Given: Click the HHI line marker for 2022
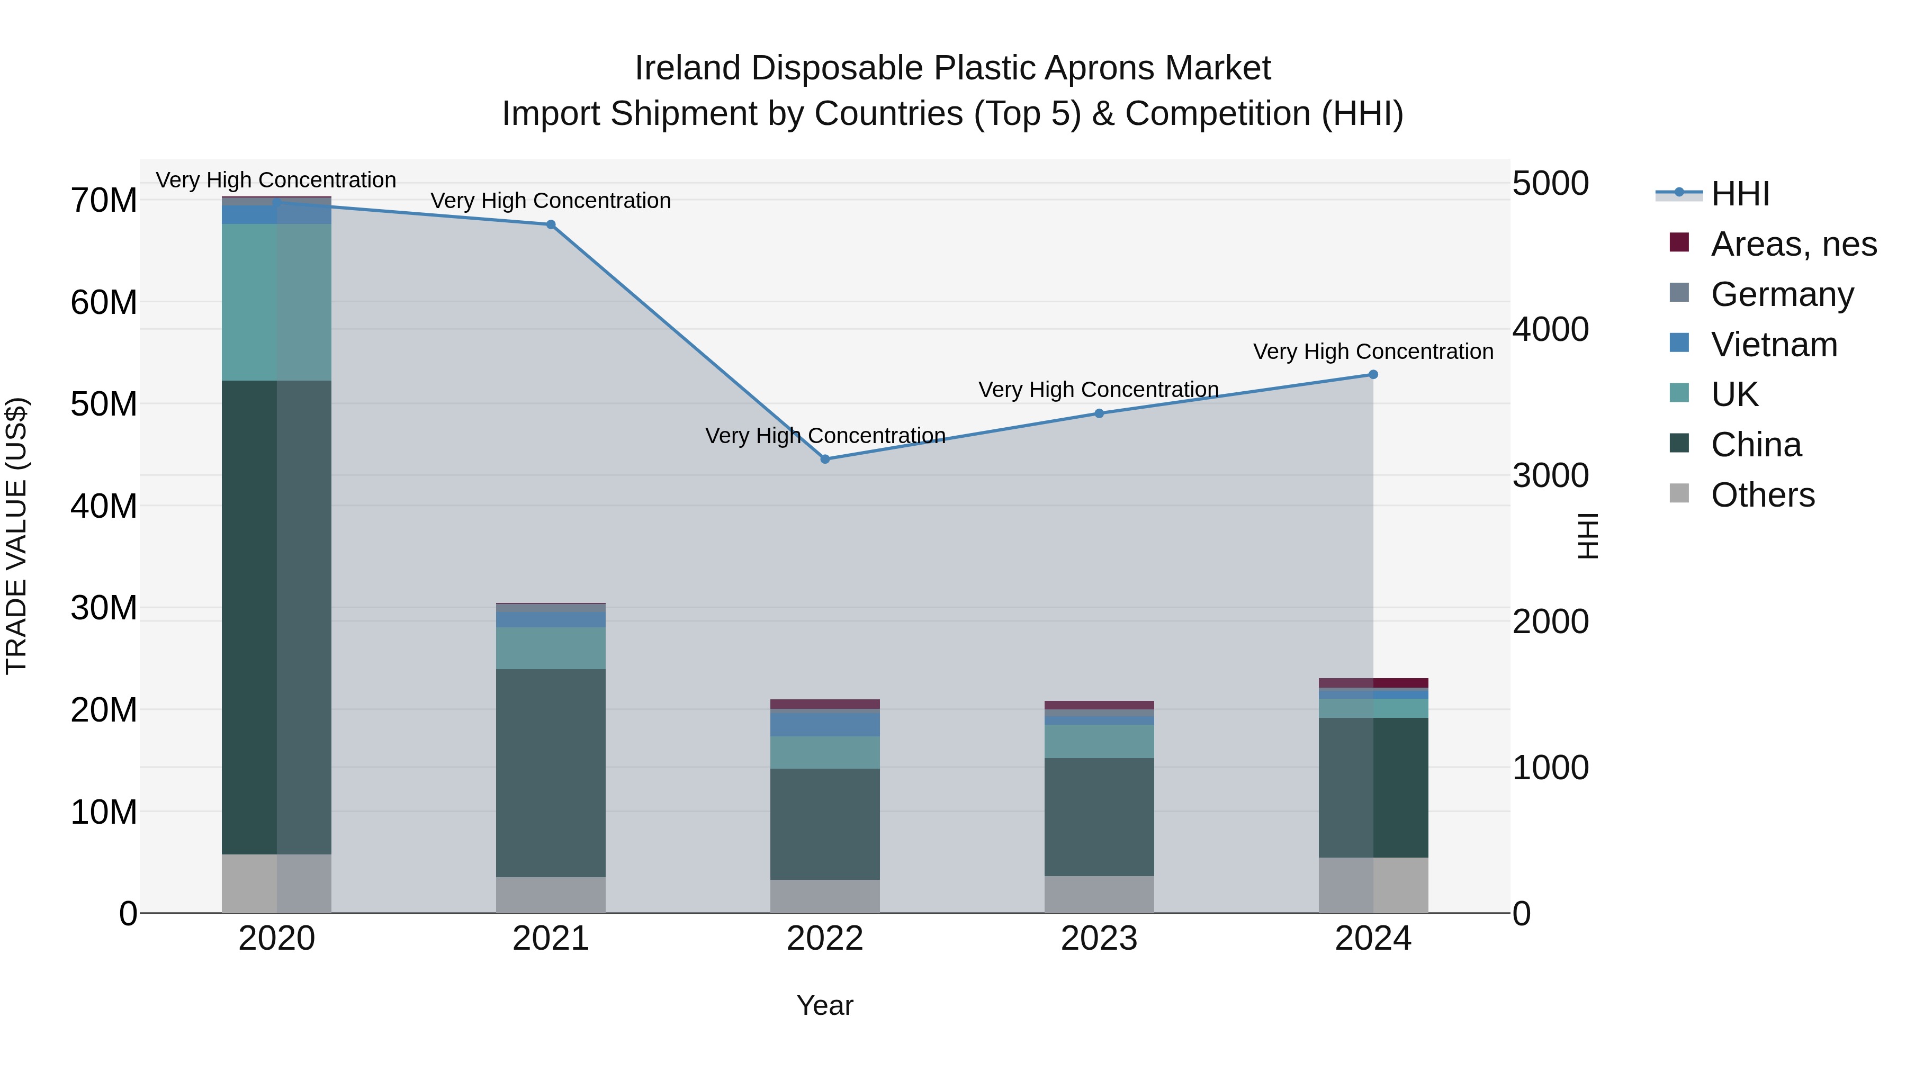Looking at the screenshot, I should pos(825,458).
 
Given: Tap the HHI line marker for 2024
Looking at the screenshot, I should pos(1373,374).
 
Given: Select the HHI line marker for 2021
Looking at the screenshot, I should pos(551,224).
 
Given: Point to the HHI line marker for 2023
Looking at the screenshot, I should pos(1099,413).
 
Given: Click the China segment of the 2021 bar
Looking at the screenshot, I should pos(551,773).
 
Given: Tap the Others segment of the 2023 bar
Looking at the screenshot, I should pos(1099,895).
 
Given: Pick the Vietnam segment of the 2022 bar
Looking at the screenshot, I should pos(825,724).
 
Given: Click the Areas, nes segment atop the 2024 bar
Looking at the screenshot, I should pos(1373,683).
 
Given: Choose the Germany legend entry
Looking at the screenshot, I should pos(1782,294).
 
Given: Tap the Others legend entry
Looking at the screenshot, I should pos(1761,495).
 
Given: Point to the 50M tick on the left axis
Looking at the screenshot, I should pos(104,404).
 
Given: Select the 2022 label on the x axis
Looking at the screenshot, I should pos(825,939).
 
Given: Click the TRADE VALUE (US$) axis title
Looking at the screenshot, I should pos(16,536).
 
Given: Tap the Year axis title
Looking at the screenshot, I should pos(825,1005).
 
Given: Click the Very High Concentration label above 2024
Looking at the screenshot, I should pos(1373,352).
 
